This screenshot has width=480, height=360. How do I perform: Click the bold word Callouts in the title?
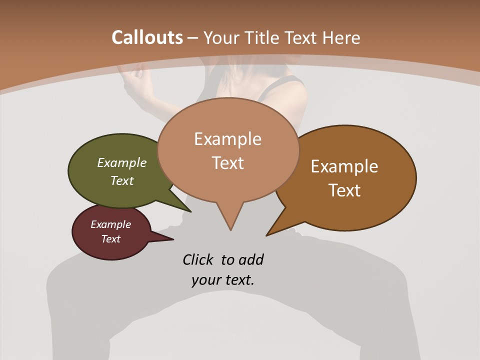point(147,37)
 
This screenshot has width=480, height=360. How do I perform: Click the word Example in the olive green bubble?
point(121,163)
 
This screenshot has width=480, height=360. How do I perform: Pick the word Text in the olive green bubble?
point(121,180)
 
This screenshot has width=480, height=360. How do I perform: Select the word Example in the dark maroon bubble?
point(110,224)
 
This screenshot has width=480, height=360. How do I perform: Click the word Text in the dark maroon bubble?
point(110,239)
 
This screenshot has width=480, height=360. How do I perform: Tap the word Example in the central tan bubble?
point(227,139)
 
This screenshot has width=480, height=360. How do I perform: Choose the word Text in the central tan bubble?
point(227,162)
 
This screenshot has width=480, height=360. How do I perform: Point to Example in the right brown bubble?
point(344,166)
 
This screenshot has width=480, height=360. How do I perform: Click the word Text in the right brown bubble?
point(344,190)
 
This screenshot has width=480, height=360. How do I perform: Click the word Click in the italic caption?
point(198,259)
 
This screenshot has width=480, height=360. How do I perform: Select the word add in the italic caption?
point(250,259)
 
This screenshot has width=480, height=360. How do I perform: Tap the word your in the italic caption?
point(205,280)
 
